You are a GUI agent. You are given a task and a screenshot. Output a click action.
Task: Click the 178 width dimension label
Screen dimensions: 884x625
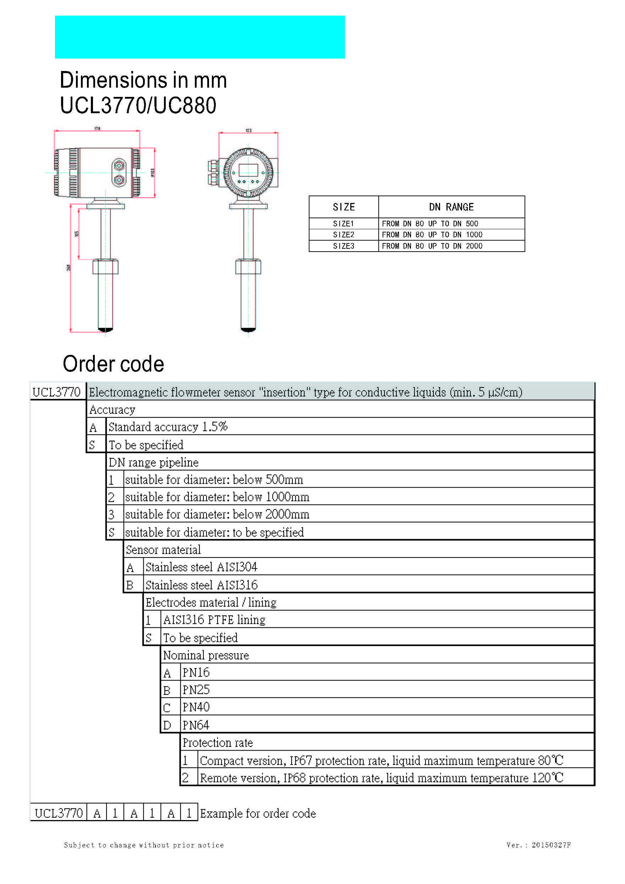point(98,128)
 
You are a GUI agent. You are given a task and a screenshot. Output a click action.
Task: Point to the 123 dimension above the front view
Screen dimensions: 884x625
point(248,131)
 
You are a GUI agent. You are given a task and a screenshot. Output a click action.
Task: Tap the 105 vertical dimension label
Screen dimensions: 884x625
point(77,234)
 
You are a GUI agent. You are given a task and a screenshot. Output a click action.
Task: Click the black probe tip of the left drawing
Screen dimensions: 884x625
point(105,329)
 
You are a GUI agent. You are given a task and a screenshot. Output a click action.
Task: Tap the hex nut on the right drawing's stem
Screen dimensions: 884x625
point(248,267)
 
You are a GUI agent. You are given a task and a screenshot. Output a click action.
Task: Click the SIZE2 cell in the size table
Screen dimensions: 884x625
point(344,235)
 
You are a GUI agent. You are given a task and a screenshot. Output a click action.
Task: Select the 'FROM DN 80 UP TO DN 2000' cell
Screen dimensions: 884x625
point(432,246)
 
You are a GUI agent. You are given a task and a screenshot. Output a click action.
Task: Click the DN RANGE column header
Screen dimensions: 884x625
point(451,207)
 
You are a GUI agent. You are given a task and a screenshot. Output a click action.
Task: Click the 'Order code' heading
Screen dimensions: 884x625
point(113,364)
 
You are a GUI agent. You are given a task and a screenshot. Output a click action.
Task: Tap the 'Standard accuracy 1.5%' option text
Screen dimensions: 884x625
point(168,427)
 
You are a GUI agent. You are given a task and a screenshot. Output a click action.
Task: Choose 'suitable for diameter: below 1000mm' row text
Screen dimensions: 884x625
point(217,497)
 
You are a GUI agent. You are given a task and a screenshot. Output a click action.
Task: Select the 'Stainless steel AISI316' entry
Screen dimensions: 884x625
point(201,585)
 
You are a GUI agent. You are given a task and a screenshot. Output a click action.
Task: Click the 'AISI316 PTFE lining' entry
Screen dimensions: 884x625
point(214,620)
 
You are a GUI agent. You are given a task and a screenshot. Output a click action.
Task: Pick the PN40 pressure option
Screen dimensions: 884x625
point(196,707)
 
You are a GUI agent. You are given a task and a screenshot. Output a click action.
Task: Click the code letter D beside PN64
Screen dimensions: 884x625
point(167,725)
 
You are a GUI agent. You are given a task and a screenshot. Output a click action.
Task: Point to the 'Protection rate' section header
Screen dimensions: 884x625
point(218,743)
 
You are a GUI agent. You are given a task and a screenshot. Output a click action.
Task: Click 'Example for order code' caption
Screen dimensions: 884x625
point(258,813)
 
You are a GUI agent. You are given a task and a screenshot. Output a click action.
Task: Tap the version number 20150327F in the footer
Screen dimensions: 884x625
point(551,845)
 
